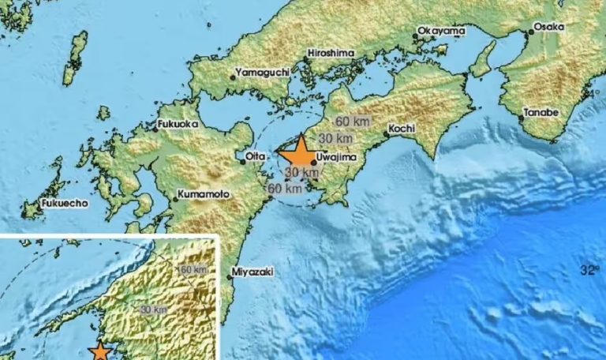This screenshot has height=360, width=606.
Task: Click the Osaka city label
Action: pyautogui.click(x=549, y=27)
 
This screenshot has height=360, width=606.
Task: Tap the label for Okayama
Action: pyautogui.click(x=438, y=32)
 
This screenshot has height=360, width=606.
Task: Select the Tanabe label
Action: pyautogui.click(x=541, y=113)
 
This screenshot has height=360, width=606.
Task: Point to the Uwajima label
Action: pyautogui.click(x=337, y=157)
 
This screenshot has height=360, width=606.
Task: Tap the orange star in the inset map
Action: pyautogui.click(x=100, y=353)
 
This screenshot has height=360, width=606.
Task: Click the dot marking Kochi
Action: pyautogui.click(x=385, y=133)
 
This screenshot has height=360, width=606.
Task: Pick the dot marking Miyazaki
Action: pyautogui.click(x=230, y=276)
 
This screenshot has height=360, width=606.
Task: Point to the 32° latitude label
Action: pyautogui.click(x=589, y=270)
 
